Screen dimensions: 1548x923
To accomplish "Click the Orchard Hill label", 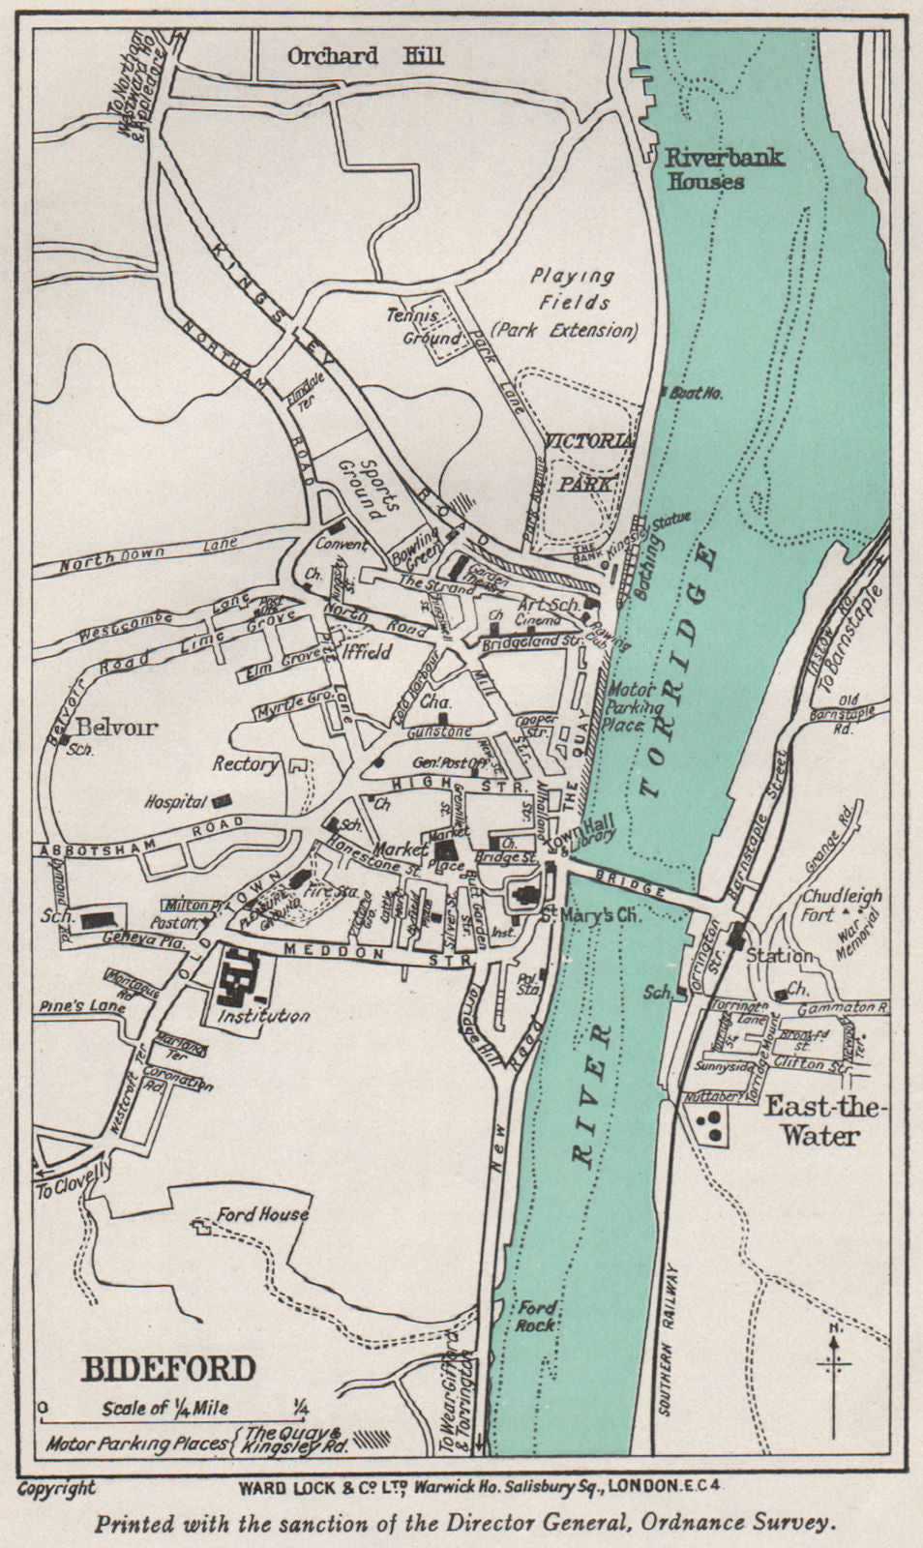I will click(x=365, y=55).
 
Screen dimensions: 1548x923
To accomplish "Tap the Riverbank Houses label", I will click(x=710, y=168).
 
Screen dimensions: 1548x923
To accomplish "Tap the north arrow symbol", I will click(x=833, y=1366).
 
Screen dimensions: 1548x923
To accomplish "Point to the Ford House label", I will click(x=262, y=1213).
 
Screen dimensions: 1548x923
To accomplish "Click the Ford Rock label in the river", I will click(x=536, y=1317).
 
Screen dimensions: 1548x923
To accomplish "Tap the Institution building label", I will click(x=263, y=1016).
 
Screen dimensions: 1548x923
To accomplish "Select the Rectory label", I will click(x=246, y=763).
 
